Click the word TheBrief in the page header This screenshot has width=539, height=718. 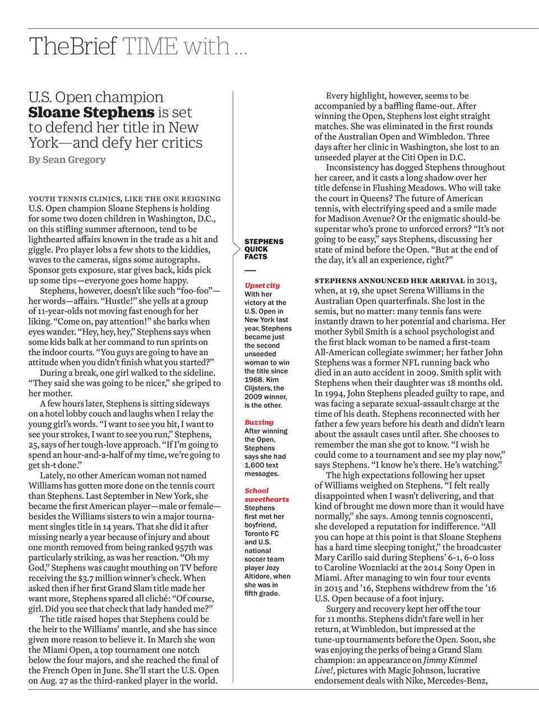(73, 47)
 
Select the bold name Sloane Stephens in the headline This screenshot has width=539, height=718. (91, 112)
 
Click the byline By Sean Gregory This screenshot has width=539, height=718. (67, 160)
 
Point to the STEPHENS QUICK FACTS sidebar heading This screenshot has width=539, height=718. (264, 249)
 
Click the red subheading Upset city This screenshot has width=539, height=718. (262, 286)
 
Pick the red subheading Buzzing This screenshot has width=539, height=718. (259, 422)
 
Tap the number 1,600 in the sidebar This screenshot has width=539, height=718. (256, 465)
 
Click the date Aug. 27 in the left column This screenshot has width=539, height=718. (53, 680)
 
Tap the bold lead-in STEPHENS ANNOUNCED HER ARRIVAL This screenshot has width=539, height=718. (390, 280)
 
